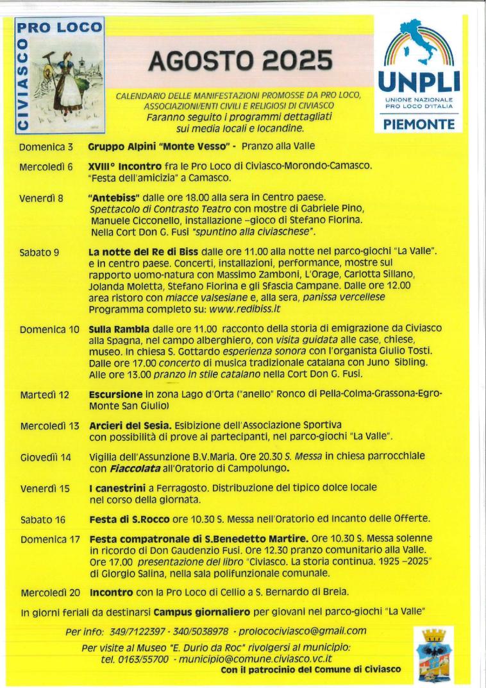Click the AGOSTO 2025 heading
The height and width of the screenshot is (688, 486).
[x=240, y=62]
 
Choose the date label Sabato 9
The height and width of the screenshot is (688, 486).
[x=40, y=252]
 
